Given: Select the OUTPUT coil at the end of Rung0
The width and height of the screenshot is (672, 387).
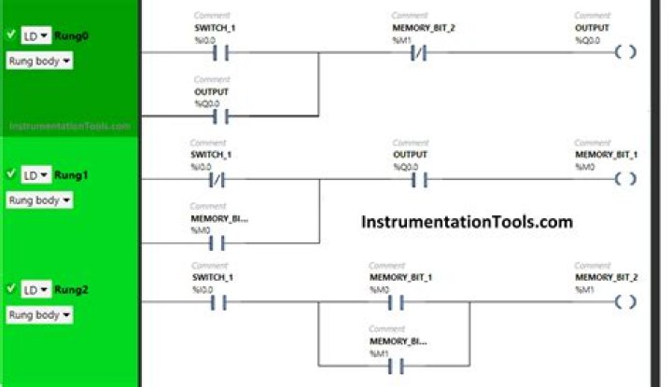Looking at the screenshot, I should click(x=626, y=52).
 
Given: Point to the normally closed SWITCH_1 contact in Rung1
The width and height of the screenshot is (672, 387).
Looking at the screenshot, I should click(x=217, y=179).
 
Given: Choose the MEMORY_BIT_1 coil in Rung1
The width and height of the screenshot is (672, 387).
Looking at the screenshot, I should click(x=626, y=179).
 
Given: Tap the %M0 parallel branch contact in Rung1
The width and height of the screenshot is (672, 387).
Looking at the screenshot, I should click(x=217, y=244).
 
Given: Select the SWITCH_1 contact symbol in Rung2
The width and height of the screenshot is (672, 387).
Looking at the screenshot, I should click(x=217, y=303).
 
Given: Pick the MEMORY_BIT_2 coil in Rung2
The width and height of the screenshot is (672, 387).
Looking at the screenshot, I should click(x=626, y=303).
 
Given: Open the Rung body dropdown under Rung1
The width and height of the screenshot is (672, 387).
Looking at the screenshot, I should click(x=39, y=200).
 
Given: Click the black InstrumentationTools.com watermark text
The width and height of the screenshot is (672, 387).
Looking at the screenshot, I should click(x=466, y=223).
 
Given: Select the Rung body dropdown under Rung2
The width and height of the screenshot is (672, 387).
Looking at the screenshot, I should click(x=39, y=315).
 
